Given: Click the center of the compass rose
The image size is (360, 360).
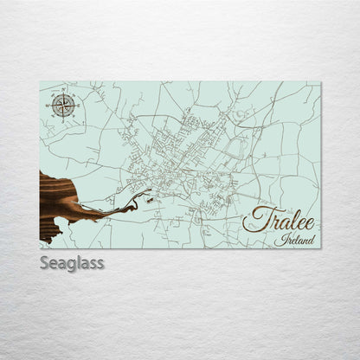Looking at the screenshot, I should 62,106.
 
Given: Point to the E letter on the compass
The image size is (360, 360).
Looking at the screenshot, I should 77,106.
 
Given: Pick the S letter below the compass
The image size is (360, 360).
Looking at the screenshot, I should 62,121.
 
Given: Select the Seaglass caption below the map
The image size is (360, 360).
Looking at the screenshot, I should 71,262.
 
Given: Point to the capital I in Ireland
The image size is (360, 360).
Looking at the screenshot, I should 279,239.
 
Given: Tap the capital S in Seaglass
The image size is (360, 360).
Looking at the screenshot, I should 45,262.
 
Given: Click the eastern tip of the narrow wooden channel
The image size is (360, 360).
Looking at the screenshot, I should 137,202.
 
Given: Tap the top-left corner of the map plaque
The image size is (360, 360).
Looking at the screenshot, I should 40,82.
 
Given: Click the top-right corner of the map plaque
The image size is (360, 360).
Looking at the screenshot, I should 320,82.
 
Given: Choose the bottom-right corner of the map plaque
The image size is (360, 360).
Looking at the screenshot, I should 320,247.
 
